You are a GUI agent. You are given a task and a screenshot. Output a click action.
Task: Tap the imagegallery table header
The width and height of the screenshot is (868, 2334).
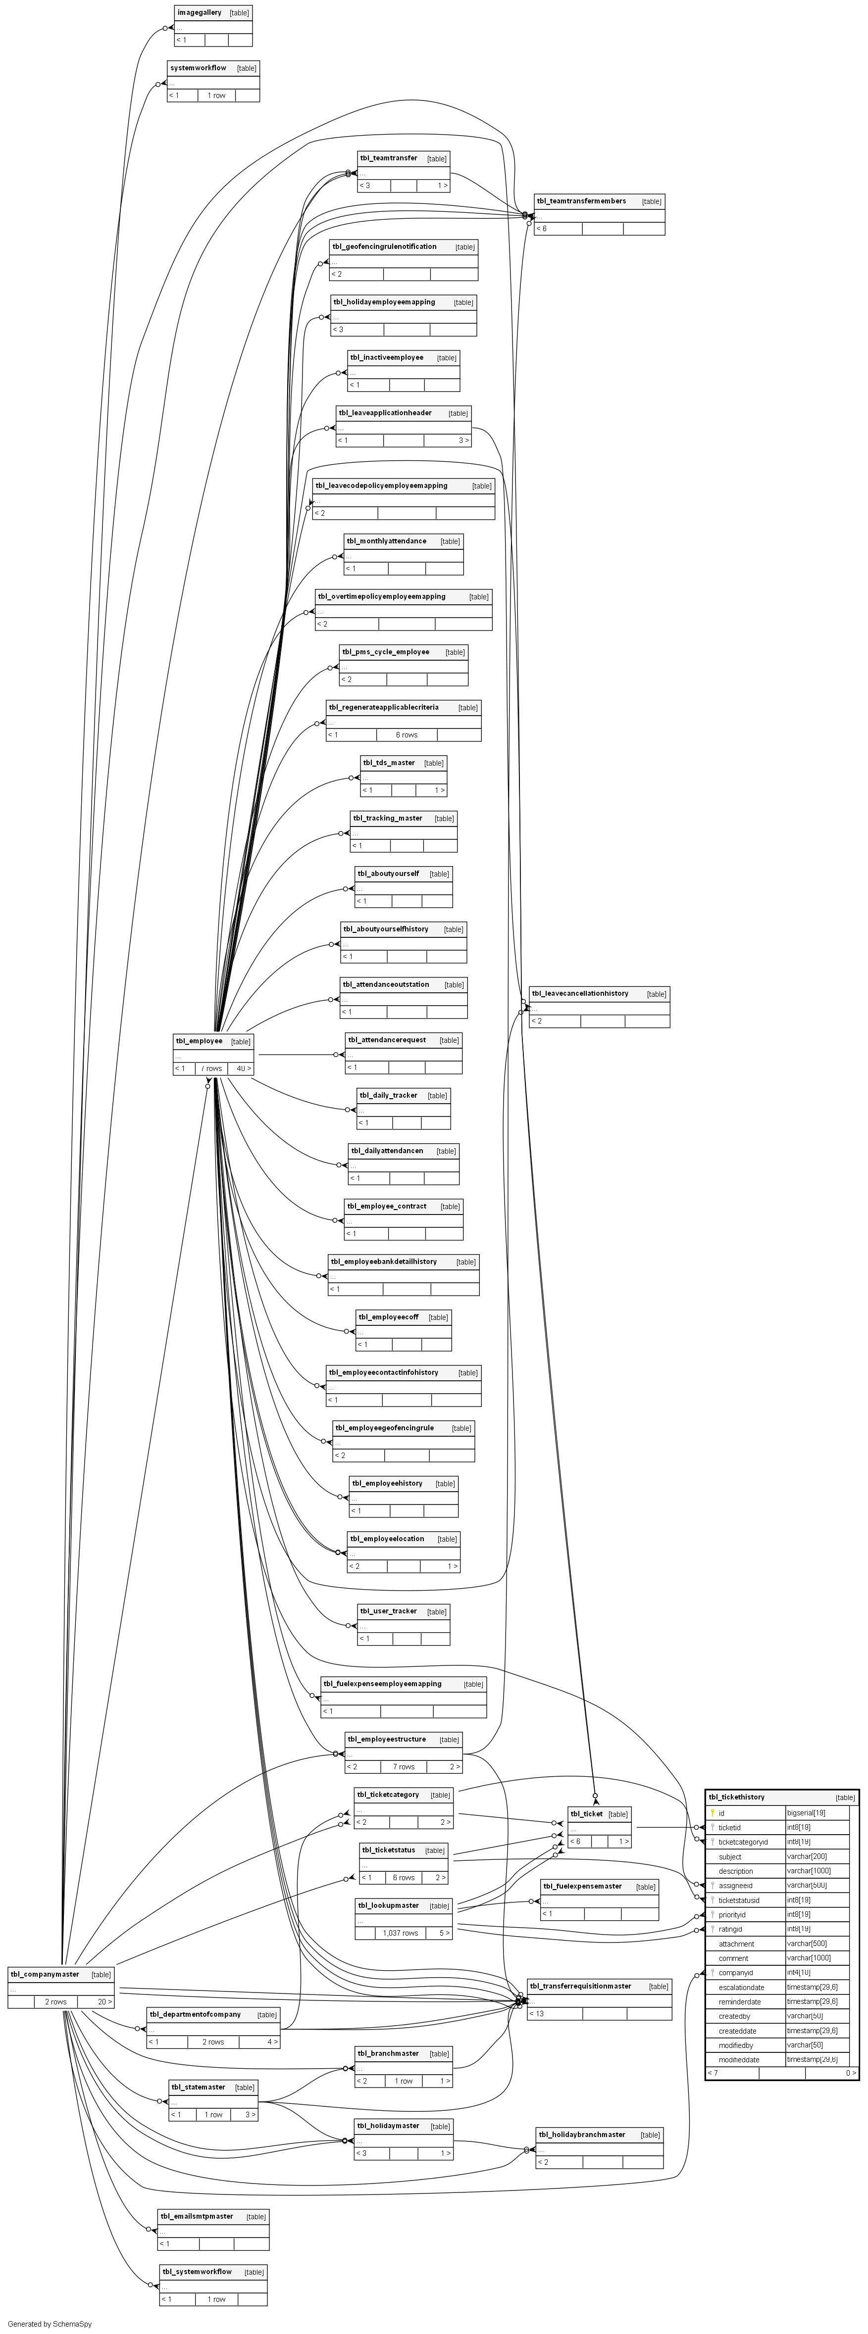pos(200,13)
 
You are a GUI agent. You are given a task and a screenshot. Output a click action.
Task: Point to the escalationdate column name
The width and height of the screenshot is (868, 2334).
pos(741,1987)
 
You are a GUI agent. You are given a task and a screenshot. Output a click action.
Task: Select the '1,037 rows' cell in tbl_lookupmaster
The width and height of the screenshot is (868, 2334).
pos(401,1933)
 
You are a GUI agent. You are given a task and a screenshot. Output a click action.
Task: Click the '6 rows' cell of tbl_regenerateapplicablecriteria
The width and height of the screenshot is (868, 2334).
pos(407,735)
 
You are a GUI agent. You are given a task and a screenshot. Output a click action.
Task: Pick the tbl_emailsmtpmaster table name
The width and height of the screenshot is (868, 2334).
pos(197,2216)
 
